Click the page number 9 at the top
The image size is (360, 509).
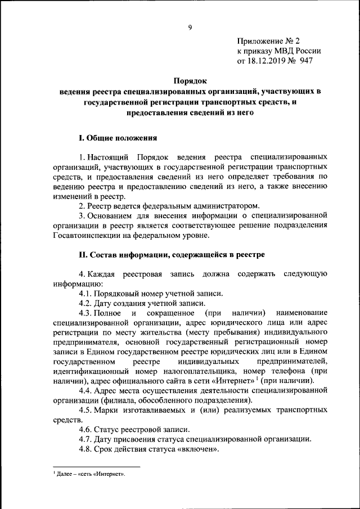tap(190, 27)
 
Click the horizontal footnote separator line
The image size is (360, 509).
tap(96, 467)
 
